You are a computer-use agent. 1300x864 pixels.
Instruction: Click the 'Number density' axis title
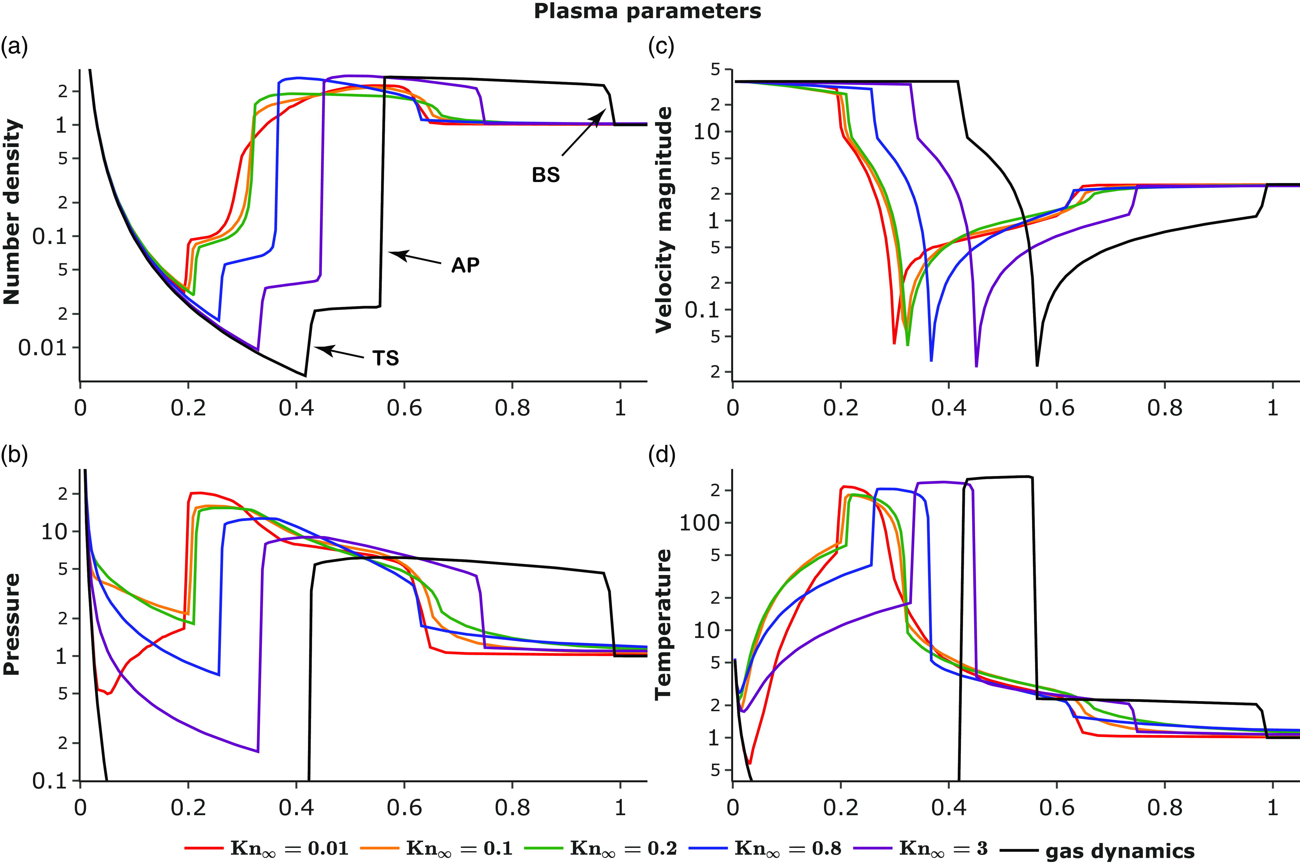coord(12,212)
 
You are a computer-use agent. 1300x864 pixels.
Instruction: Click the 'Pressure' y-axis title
coord(12,624)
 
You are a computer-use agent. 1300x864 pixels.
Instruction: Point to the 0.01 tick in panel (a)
coord(42,348)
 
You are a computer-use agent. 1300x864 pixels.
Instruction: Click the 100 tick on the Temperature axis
coord(700,523)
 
